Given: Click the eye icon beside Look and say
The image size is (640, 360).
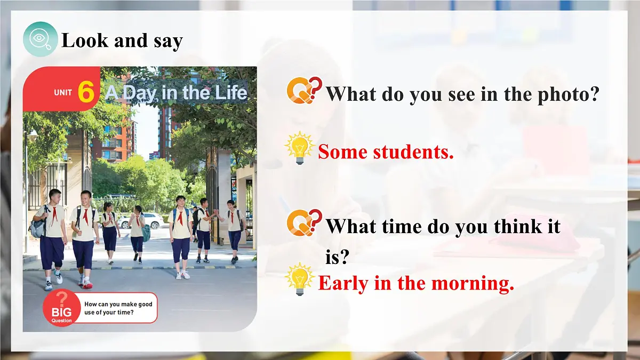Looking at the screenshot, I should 40,39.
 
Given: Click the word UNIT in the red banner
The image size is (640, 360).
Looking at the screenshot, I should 63,93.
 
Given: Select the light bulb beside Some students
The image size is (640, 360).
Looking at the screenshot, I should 300,148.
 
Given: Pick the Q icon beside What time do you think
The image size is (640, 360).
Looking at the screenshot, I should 303,222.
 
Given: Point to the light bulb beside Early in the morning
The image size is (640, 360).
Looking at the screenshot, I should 300,278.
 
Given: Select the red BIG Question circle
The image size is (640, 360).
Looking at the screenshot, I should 61,308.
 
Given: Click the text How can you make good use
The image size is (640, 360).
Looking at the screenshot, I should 118,308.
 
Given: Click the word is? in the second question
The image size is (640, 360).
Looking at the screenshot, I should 337,258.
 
